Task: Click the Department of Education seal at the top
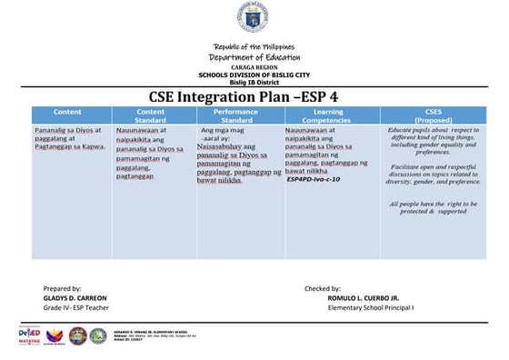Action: click(x=254, y=17)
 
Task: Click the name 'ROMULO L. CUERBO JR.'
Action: click(x=364, y=297)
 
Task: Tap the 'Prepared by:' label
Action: click(x=62, y=287)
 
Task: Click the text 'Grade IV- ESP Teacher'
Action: click(x=75, y=307)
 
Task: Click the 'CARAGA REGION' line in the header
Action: click(x=254, y=66)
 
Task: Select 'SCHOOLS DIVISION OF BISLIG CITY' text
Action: click(x=254, y=74)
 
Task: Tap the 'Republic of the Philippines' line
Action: click(x=254, y=46)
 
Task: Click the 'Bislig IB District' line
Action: click(x=254, y=81)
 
